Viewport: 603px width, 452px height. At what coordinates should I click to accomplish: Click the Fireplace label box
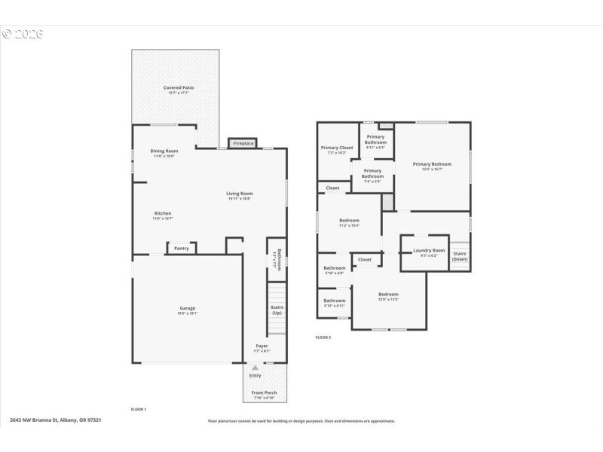[243, 143]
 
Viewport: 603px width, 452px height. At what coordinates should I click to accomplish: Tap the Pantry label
[182, 248]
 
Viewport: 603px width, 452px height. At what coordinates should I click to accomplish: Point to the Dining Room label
[164, 151]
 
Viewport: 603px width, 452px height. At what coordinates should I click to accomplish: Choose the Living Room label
[240, 194]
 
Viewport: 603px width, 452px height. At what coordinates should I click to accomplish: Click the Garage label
[187, 308]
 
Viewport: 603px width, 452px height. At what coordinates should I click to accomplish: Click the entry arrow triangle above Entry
[255, 368]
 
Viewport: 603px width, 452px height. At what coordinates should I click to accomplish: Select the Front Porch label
[264, 393]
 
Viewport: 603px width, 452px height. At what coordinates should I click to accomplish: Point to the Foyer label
[262, 347]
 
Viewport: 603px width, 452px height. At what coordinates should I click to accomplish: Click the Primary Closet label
[336, 148]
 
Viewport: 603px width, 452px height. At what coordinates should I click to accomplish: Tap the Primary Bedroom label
[432, 164]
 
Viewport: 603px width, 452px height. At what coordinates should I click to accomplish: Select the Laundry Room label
[429, 251]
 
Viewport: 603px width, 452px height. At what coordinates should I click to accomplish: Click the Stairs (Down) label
[460, 256]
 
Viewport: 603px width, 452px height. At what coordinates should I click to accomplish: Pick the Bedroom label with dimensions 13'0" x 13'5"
[388, 295]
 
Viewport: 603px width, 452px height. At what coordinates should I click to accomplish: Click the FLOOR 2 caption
[323, 337]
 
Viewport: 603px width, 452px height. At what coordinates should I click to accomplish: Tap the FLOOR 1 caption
[138, 409]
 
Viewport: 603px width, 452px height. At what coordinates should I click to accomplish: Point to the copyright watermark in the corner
[23, 34]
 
